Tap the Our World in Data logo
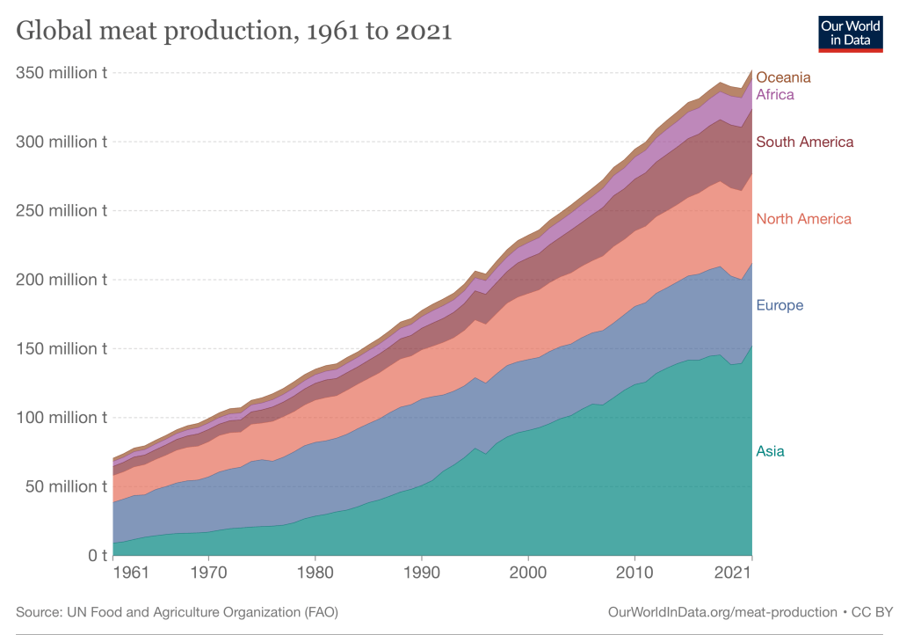[x=850, y=33]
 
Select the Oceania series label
[x=783, y=77]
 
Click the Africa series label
[x=775, y=94]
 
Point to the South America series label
[x=804, y=142]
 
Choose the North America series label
[x=803, y=219]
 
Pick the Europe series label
[x=779, y=305]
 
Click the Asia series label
[x=770, y=451]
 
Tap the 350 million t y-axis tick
[x=62, y=72]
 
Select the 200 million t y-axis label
[x=62, y=280]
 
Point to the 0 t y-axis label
[x=95, y=556]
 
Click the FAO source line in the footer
[x=177, y=611]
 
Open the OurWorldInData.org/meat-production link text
[x=721, y=611]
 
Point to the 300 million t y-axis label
[x=62, y=142]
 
